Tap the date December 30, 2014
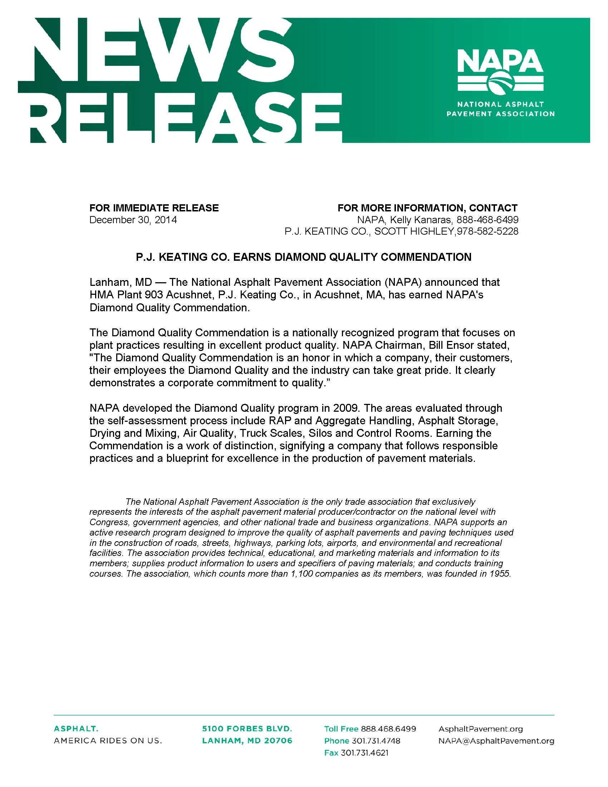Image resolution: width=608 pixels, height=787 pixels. click(133, 220)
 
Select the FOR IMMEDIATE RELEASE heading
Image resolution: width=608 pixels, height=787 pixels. click(154, 208)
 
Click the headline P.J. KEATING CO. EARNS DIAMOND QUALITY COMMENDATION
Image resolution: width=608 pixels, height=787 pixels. click(303, 257)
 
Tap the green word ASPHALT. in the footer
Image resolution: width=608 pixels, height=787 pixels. click(75, 729)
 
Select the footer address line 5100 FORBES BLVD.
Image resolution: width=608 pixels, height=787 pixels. click(247, 729)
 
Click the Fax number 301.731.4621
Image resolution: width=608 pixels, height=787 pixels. click(364, 753)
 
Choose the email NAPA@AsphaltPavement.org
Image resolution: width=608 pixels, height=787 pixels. click(496, 741)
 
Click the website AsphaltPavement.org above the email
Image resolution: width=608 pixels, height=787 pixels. click(480, 729)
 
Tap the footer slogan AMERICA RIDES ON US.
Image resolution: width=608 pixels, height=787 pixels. click(108, 741)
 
